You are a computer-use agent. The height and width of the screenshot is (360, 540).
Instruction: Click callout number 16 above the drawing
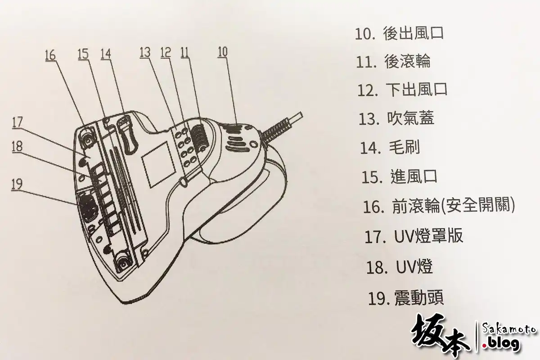pyautogui.click(x=50, y=55)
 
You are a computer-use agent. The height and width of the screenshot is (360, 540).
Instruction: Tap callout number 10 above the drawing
pyautogui.click(x=222, y=52)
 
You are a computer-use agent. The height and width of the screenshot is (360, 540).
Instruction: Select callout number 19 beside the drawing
pyautogui.click(x=17, y=184)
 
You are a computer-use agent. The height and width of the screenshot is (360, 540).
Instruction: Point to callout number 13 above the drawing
pyautogui.click(x=145, y=52)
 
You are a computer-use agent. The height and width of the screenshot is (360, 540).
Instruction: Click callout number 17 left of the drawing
pyautogui.click(x=18, y=122)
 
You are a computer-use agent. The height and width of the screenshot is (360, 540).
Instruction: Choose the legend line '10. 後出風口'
pyautogui.click(x=400, y=33)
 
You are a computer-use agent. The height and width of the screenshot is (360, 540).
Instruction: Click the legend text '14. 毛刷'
pyautogui.click(x=390, y=148)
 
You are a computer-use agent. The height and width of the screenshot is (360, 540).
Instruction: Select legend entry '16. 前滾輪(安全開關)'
pyautogui.click(x=439, y=206)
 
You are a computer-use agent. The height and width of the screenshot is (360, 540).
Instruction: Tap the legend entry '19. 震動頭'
pyautogui.click(x=406, y=298)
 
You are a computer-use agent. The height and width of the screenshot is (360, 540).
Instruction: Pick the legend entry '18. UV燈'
pyautogui.click(x=400, y=267)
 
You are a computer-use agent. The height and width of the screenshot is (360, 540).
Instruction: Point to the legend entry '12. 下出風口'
pyautogui.click(x=402, y=90)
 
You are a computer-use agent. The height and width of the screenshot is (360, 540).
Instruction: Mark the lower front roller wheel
pyautogui.click(x=123, y=264)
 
